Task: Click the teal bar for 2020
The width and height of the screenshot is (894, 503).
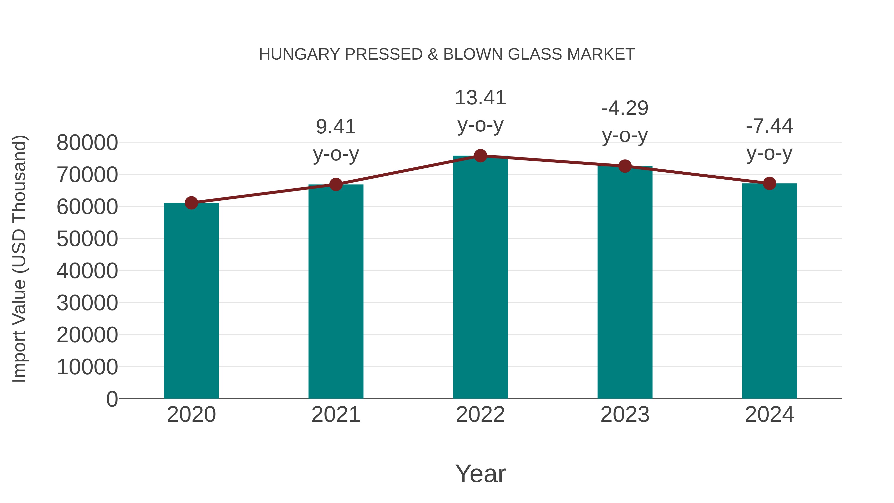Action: pyautogui.click(x=191, y=301)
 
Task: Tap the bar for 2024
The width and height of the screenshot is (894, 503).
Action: pyautogui.click(x=769, y=291)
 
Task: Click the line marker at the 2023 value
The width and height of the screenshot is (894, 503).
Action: pyautogui.click(x=625, y=166)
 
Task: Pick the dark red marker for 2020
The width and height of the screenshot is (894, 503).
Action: pyautogui.click(x=191, y=203)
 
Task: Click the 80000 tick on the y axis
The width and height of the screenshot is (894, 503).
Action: pyautogui.click(x=87, y=142)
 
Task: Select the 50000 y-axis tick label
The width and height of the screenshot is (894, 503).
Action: pyautogui.click(x=87, y=239)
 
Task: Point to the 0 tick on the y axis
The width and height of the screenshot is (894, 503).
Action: pyautogui.click(x=112, y=399)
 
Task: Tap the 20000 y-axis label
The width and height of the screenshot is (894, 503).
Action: pyautogui.click(x=87, y=335)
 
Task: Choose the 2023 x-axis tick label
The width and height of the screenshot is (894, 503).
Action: pyautogui.click(x=625, y=415)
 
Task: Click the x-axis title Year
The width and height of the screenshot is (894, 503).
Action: pyautogui.click(x=480, y=473)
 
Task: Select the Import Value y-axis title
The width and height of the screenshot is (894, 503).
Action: pyautogui.click(x=19, y=259)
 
